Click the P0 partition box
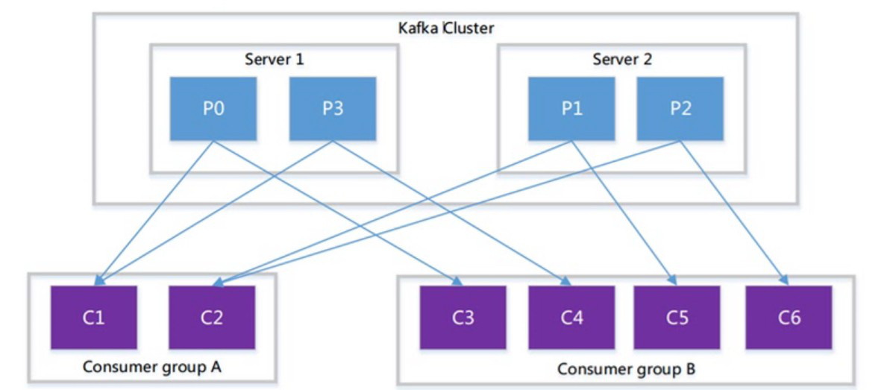tap(213, 108)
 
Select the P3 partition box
tap(333, 108)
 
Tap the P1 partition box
tap(571, 108)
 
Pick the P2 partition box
tap(680, 108)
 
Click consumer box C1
tap(93, 317)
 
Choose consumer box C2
tap(212, 317)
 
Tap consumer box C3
tap(463, 317)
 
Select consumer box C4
tap(571, 317)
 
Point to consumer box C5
tap(677, 317)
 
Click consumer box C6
tap(789, 317)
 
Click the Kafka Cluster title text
tap(445, 28)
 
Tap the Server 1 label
tap(274, 59)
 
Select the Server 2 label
tap(622, 59)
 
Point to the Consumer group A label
tap(152, 366)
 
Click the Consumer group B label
tap(627, 368)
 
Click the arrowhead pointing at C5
tap(673, 280)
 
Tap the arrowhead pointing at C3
tap(457, 280)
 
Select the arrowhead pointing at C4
tap(565, 280)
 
